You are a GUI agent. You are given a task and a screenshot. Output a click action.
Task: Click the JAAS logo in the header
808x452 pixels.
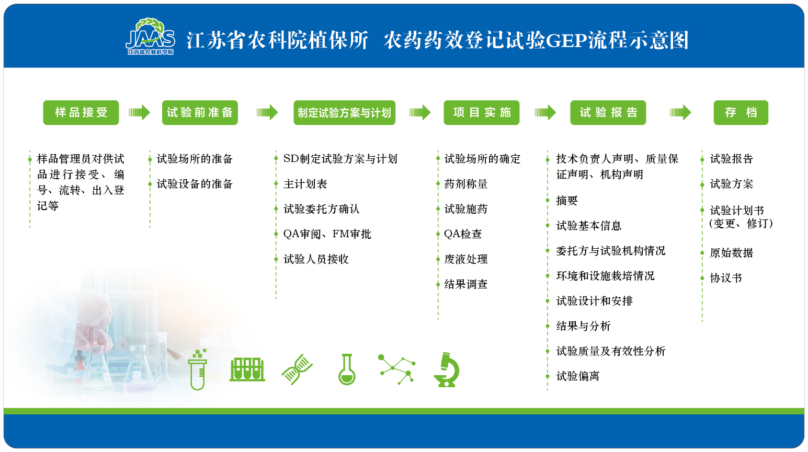point(151,37)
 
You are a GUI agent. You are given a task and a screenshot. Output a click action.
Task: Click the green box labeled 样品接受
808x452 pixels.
point(81,112)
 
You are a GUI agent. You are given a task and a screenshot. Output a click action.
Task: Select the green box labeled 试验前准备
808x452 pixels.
point(200,112)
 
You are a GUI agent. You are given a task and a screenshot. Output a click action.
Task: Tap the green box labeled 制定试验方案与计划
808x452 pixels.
point(345,112)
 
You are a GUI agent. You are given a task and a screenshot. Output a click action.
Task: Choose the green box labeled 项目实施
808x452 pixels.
point(482,112)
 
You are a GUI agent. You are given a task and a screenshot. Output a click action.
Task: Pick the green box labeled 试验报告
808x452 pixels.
point(608,112)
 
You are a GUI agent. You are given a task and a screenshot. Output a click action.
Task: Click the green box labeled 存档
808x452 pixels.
point(741,112)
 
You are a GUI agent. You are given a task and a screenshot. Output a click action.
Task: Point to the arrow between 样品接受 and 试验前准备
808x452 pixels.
point(139,112)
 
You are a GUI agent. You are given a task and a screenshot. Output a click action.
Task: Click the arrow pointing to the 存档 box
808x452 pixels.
point(680,112)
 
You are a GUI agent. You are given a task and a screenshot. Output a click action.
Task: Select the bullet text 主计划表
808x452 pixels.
point(305,184)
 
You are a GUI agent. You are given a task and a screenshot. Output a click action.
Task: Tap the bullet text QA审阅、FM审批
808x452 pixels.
point(327,234)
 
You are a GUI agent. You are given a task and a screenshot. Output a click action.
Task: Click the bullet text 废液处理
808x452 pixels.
point(465,259)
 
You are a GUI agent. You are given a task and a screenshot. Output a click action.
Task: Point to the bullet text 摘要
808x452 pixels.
point(567,201)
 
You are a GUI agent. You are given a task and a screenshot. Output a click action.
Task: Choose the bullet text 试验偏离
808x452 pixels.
point(578,376)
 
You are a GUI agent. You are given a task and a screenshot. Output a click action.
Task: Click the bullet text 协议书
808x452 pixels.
point(726,278)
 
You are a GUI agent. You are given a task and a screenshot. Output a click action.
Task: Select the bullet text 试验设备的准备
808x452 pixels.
point(195,184)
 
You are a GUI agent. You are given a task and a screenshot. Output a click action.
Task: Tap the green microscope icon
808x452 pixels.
point(447,369)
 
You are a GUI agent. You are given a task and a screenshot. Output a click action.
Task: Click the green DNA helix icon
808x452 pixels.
point(297,369)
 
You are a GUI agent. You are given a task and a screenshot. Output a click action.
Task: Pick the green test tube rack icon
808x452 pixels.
point(247,369)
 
